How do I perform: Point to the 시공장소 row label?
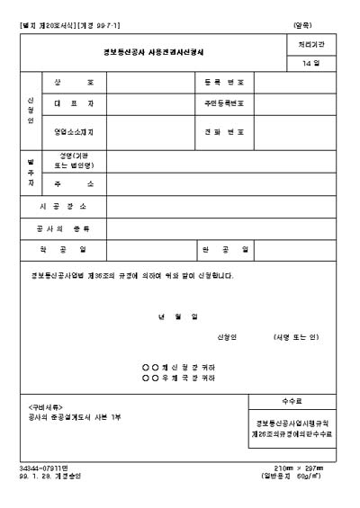point(62,206)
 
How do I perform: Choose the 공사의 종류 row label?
point(62,227)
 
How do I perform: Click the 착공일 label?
point(62,248)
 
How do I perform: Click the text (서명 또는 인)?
point(296,337)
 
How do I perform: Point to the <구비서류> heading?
point(46,407)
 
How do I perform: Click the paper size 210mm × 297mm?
point(301,468)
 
